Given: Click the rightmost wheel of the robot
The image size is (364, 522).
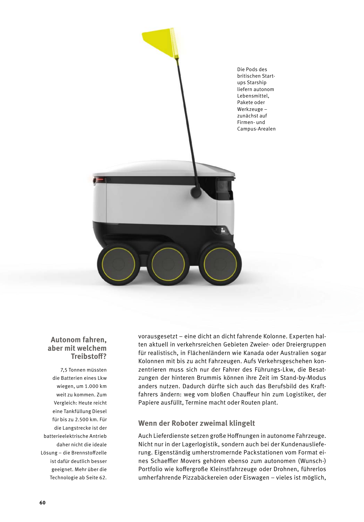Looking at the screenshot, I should coord(220,264).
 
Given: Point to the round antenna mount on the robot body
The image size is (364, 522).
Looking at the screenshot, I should coord(196,192).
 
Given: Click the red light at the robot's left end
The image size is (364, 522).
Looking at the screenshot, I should coord(99,179).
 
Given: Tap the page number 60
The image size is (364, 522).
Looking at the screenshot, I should coord(43,502).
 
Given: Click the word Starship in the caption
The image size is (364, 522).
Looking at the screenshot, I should coord(256,83).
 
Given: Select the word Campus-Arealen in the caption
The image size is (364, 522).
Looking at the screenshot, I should coord(256,129).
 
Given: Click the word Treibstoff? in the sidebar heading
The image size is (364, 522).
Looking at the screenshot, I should coord(89,356).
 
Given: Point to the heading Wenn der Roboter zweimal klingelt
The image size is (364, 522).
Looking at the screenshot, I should coord(197,423).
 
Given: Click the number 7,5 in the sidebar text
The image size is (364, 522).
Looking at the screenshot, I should coord(64,370).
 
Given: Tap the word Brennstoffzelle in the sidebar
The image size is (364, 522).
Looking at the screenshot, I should coord(89,453).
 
